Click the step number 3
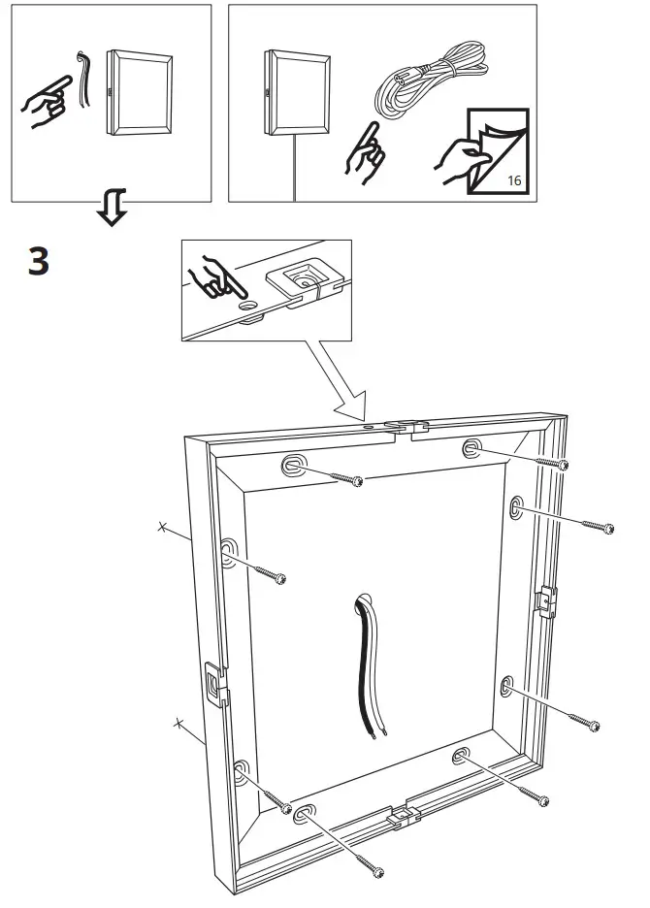[37, 262]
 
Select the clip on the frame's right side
[547, 602]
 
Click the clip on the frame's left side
[214, 684]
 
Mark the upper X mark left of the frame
[163, 528]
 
